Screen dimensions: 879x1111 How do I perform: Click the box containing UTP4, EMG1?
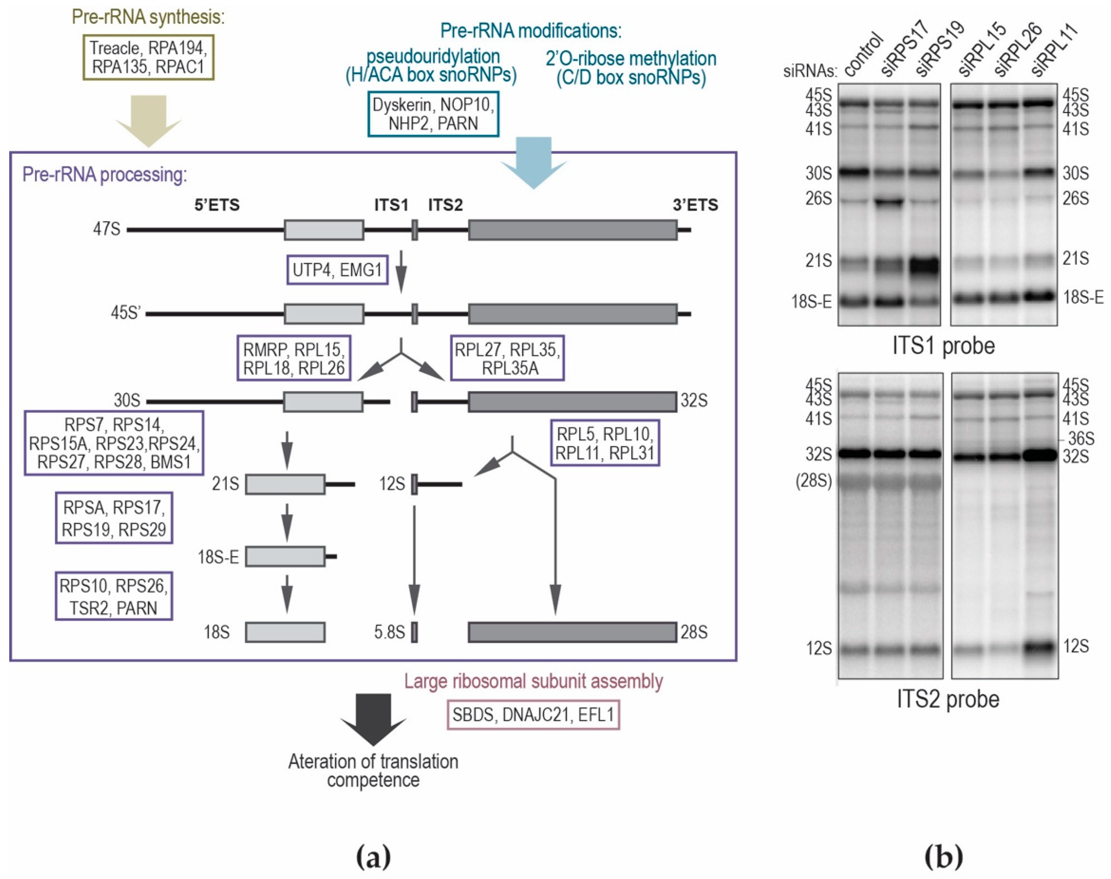point(337,270)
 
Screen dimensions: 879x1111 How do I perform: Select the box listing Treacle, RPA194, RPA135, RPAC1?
point(148,57)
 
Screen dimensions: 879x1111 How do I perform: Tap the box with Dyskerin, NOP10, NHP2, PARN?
point(433,114)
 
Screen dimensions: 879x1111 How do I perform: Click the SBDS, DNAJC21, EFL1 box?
point(533,715)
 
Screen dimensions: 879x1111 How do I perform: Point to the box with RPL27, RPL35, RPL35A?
point(507,358)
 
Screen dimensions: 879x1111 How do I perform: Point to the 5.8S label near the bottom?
point(390,632)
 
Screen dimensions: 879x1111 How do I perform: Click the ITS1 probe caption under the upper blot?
point(943,346)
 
